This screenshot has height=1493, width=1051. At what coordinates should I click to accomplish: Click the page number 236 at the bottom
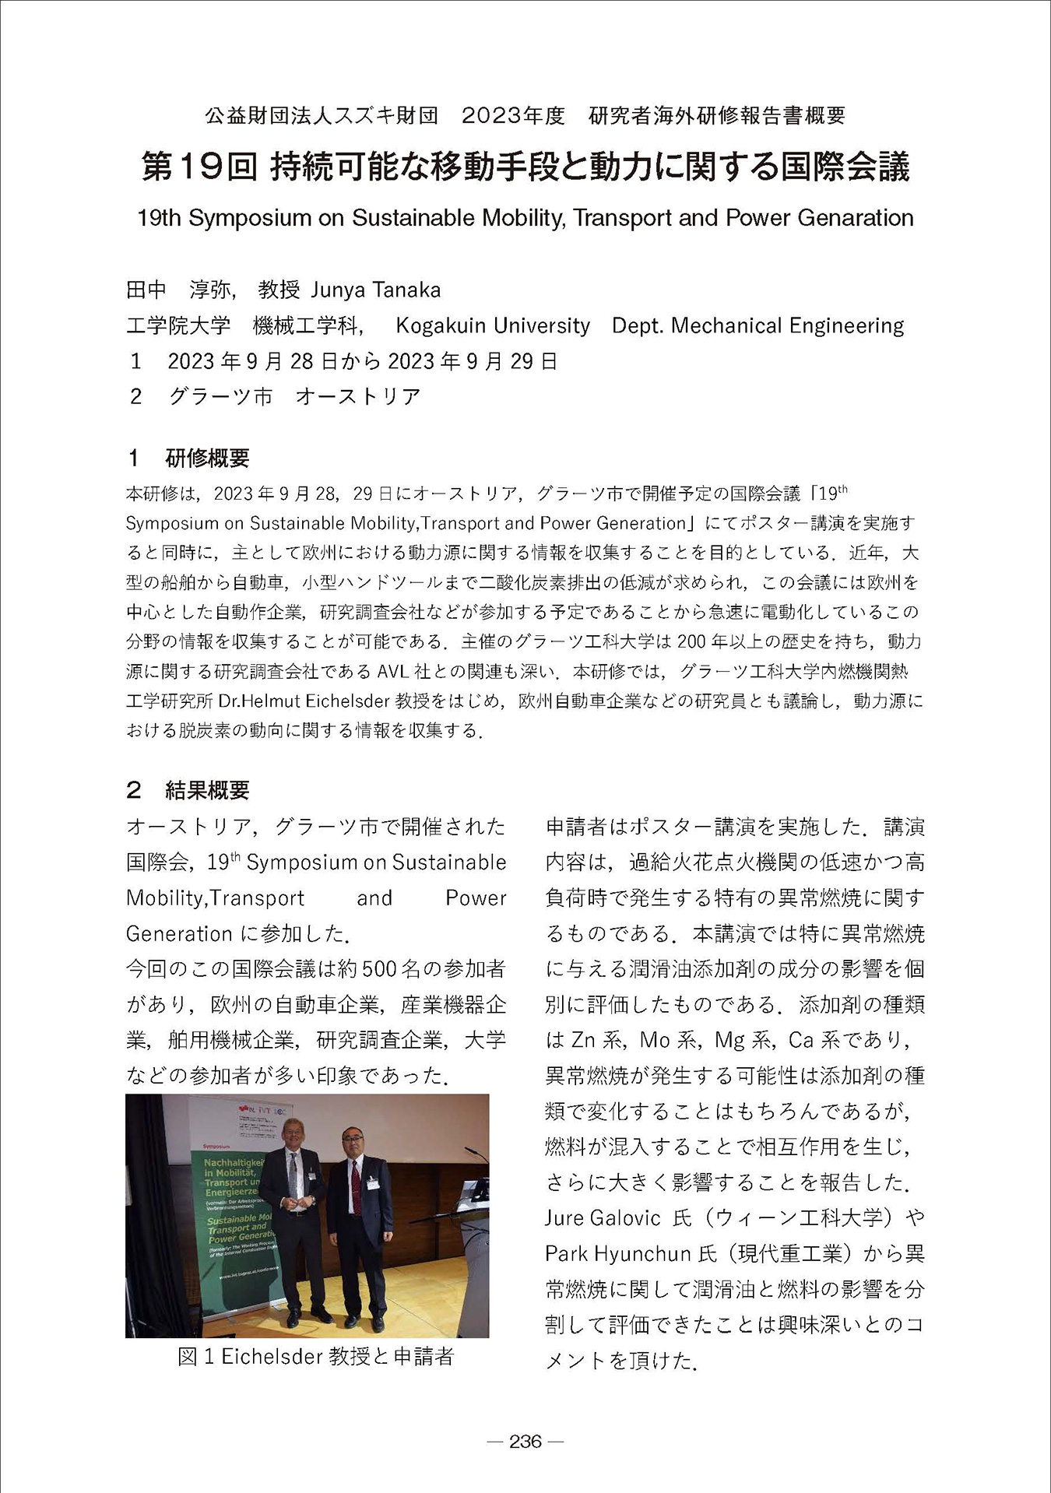pos(525,1441)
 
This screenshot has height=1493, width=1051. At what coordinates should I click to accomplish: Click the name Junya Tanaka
pos(375,290)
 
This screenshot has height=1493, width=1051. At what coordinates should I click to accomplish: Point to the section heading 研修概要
pos(207,458)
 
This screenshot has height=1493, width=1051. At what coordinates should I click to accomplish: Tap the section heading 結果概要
pos(207,790)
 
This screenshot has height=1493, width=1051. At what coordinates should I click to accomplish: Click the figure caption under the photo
pos(315,1356)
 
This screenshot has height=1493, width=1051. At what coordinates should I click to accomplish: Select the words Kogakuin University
pos(492,325)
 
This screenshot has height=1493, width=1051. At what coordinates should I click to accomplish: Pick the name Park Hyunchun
pos(618,1253)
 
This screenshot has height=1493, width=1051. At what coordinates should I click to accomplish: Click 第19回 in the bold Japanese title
pos(199,167)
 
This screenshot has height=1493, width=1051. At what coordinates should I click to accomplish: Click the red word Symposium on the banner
pos(217,1146)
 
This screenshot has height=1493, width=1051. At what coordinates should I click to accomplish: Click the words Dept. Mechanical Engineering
pos(757,325)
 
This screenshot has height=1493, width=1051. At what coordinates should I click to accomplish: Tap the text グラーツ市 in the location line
pos(220,396)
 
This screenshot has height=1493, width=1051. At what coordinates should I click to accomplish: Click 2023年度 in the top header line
pos(513,116)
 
